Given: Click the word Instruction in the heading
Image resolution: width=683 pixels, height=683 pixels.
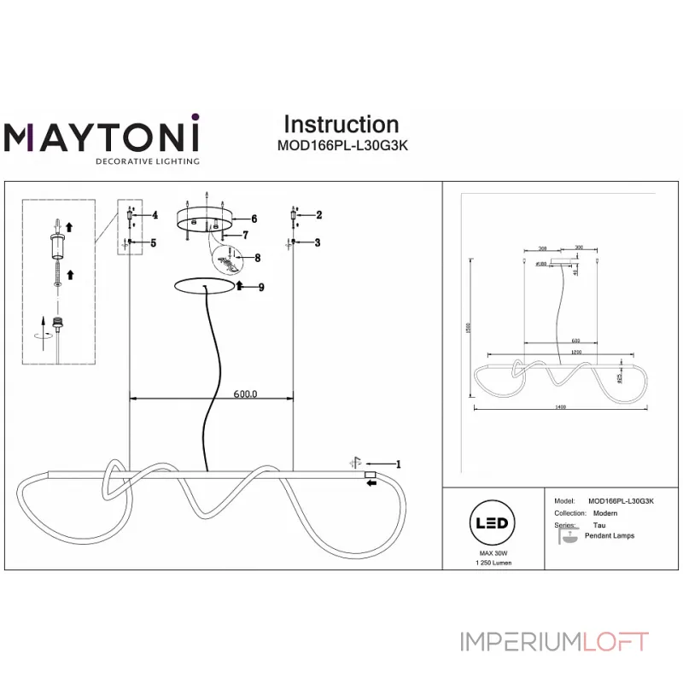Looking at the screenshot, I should (x=341, y=125).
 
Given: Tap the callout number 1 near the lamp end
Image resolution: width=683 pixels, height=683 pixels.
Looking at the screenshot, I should (x=398, y=464).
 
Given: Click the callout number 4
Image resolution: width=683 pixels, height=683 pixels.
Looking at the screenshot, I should (x=155, y=215).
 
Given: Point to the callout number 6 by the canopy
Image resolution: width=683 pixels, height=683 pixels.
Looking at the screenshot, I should (x=254, y=219).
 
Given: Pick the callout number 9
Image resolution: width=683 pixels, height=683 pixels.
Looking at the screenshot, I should (x=260, y=287).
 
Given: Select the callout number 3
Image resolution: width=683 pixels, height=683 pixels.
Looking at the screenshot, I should (x=318, y=243).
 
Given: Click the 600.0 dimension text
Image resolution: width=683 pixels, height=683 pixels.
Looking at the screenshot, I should (x=245, y=394).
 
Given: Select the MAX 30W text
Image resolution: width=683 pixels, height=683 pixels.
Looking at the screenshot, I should (x=490, y=554).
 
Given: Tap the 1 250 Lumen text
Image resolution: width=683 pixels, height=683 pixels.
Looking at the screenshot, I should (x=490, y=564).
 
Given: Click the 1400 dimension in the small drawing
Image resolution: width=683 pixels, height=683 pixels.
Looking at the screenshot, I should (x=560, y=407).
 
